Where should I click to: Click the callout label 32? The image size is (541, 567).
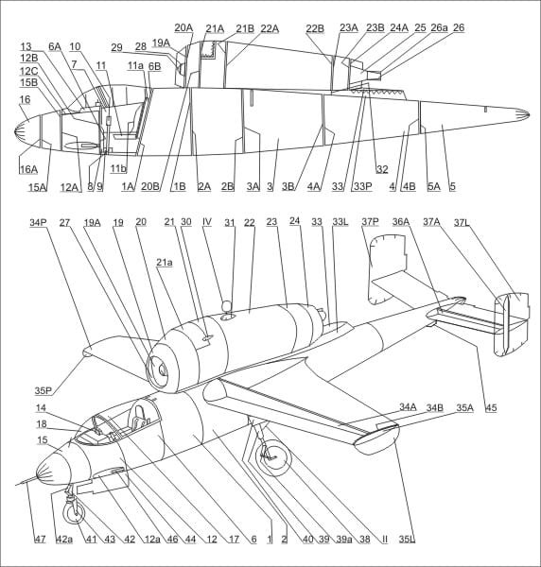[382, 169]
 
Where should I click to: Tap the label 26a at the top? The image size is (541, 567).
[440, 27]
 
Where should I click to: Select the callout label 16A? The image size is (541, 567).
[29, 169]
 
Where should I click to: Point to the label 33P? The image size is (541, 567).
[362, 186]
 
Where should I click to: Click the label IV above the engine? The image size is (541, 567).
[207, 222]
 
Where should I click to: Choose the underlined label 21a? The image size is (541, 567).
[165, 263]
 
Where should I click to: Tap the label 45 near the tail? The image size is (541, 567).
[491, 408]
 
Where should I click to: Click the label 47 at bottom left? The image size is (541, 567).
[40, 540]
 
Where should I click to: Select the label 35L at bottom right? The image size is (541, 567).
[407, 540]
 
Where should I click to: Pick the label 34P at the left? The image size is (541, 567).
[39, 222]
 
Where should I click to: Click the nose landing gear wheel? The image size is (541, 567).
[74, 515]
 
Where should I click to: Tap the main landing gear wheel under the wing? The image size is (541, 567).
[273, 458]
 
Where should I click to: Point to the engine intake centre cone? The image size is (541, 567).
[162, 369]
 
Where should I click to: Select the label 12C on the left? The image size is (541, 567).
[29, 71]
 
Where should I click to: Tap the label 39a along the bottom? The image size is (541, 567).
[343, 540]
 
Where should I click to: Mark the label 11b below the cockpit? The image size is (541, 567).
[118, 168]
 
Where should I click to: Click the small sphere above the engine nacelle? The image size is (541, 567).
[227, 306]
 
